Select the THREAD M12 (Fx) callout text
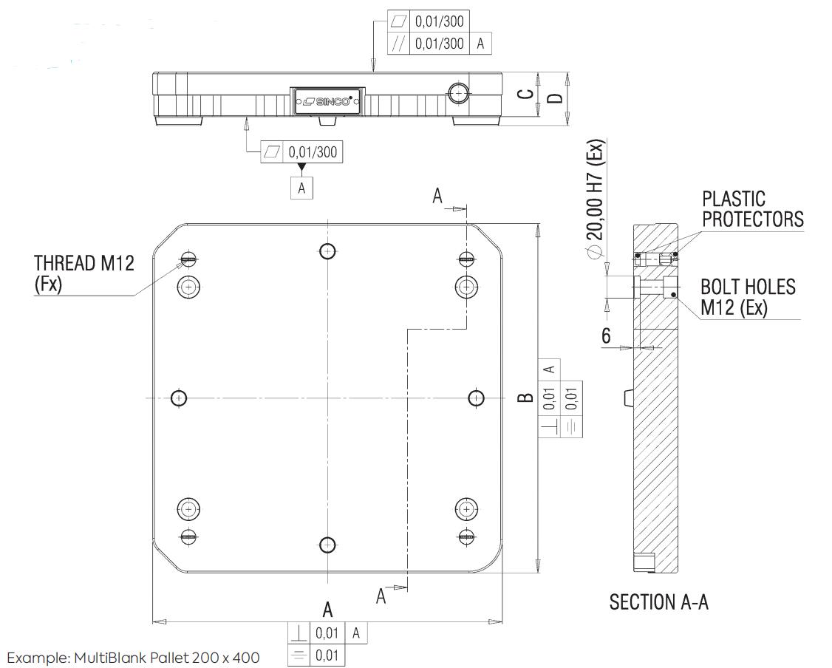(x=83, y=273)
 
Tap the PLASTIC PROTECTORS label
(x=752, y=209)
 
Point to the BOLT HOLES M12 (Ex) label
(x=748, y=297)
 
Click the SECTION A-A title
(x=658, y=602)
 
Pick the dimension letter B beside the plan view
(x=525, y=398)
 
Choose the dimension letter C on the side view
(x=525, y=94)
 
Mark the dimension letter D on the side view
(x=555, y=99)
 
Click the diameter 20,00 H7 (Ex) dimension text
(x=595, y=198)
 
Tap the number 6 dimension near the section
(x=606, y=336)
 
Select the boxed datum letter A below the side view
(x=302, y=188)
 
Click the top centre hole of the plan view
(x=328, y=250)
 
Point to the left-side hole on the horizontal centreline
(x=180, y=398)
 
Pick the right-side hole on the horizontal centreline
(x=477, y=398)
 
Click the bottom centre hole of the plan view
(x=328, y=545)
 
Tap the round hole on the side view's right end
(x=457, y=94)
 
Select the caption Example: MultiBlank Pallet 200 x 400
(x=133, y=658)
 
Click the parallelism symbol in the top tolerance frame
(x=399, y=44)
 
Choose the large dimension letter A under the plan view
(x=328, y=610)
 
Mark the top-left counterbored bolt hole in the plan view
(x=188, y=287)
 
